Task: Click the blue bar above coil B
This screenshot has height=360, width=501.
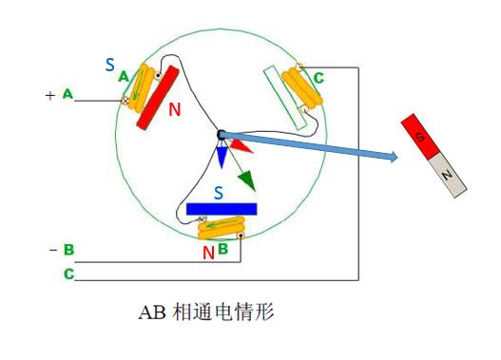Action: tap(221, 208)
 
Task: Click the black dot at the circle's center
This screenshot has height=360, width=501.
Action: tap(221, 136)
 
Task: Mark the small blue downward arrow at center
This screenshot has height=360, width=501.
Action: tap(222, 156)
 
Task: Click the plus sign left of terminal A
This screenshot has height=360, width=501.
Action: tap(50, 95)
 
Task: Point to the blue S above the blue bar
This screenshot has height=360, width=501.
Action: tap(219, 193)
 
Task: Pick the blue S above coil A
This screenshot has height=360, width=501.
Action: tap(110, 66)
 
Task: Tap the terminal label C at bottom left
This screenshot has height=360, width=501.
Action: tap(67, 274)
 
